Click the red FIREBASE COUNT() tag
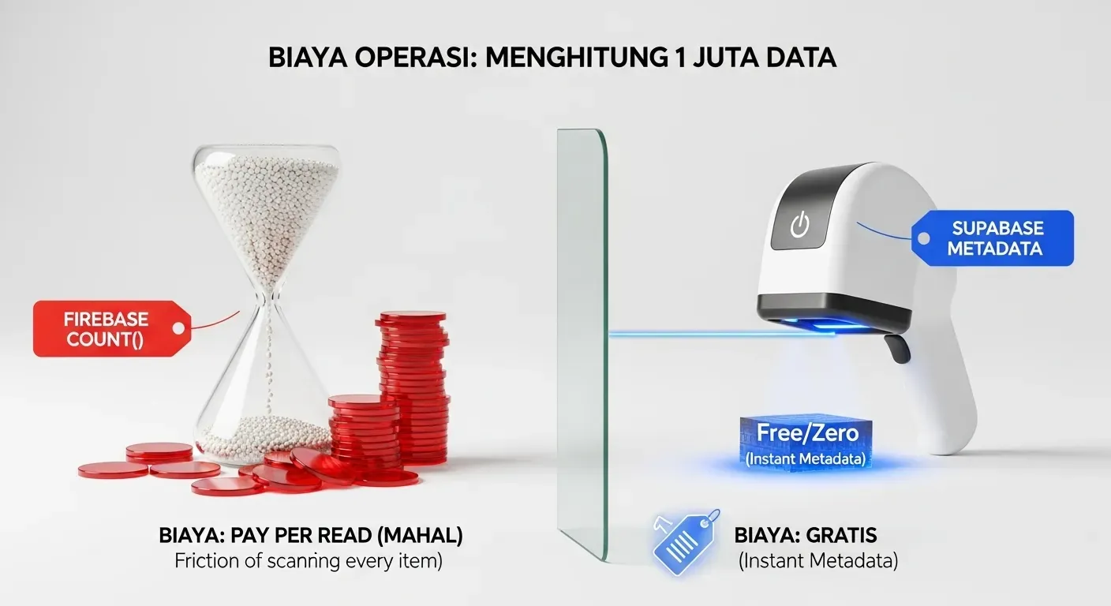pyautogui.click(x=107, y=328)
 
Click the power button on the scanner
pyautogui.click(x=800, y=226)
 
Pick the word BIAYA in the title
pyautogui.click(x=308, y=58)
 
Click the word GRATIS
pyautogui.click(x=841, y=536)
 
